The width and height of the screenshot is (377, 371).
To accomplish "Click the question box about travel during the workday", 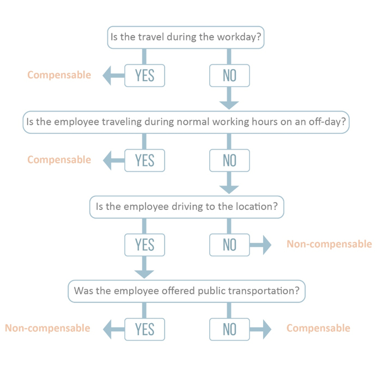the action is [x=186, y=38].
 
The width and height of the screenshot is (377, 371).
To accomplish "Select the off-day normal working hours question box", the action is [x=186, y=122].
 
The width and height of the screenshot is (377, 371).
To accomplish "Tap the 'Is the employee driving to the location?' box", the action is [x=186, y=207].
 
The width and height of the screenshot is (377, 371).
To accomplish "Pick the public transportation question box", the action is [x=186, y=291].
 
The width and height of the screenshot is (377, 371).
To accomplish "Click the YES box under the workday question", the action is [x=145, y=76].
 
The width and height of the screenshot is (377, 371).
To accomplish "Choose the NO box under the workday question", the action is [x=229, y=76].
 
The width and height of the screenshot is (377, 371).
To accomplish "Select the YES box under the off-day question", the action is [x=145, y=160].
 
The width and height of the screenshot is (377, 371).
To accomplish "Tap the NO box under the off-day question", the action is [x=229, y=160].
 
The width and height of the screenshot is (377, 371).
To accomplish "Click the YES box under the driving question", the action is [x=145, y=245].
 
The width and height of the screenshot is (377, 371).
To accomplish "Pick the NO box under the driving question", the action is [x=229, y=245].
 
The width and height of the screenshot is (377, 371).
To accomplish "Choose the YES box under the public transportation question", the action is [x=145, y=329].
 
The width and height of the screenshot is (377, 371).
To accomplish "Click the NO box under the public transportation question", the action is [x=229, y=329].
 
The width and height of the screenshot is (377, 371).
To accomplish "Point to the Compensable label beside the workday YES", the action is [x=59, y=75].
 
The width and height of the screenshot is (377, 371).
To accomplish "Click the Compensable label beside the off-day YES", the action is [x=59, y=160].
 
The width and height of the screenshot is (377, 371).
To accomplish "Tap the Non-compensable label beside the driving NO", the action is [x=329, y=244].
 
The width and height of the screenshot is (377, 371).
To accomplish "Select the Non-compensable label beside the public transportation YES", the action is [x=47, y=328].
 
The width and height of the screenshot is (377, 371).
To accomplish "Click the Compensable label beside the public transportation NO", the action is [x=318, y=328].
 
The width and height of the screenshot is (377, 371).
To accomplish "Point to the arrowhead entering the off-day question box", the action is [x=229, y=105].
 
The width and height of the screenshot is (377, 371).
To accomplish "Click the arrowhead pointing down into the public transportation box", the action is [x=144, y=274].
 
